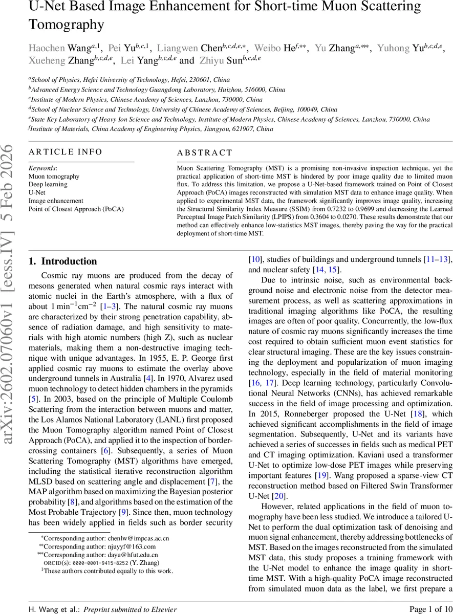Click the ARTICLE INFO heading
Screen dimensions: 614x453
(x=65, y=152)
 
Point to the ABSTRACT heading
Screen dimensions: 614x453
(x=204, y=152)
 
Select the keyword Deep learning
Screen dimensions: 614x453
(x=48, y=185)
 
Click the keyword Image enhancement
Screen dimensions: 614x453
(x=55, y=201)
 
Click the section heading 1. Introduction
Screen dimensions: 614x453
(x=62, y=261)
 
